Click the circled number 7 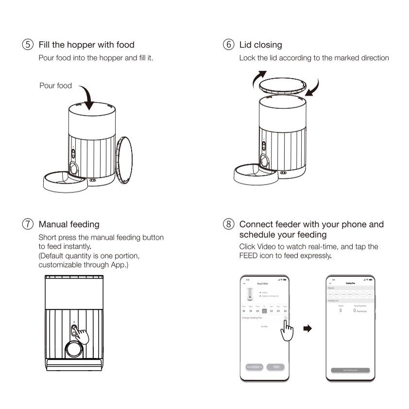pos(29,224)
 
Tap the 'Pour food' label pos(55,86)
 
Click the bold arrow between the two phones pos(307,329)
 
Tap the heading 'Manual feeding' pos(69,224)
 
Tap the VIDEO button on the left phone pos(276,367)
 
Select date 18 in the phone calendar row pos(244,311)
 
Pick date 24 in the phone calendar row pos(285,311)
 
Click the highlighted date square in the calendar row pos(265,311)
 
